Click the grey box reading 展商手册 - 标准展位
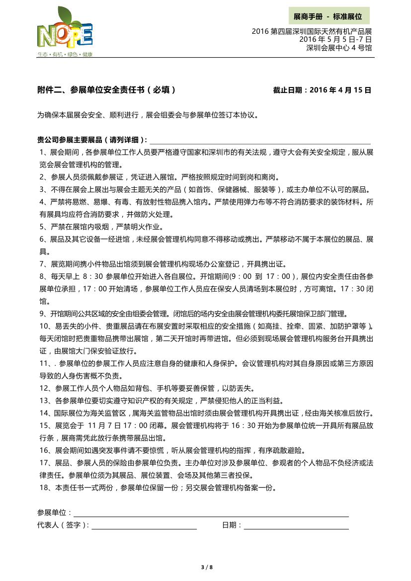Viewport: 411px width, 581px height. tap(328, 16)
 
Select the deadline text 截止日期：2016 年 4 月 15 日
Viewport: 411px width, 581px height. tap(322, 90)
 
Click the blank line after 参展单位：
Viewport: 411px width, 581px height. tap(211, 512)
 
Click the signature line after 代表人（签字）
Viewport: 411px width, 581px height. tap(144, 525)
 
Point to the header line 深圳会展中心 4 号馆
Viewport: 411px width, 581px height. tap(339, 48)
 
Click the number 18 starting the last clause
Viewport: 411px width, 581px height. tap(42, 488)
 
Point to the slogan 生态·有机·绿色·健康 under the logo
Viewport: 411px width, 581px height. tap(65, 54)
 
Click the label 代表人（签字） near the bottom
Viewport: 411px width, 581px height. tap(63, 525)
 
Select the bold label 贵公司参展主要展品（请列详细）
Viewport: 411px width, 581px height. tap(92, 140)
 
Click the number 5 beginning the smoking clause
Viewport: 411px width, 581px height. tap(41, 227)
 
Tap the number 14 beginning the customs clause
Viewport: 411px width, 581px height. tap(42, 413)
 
